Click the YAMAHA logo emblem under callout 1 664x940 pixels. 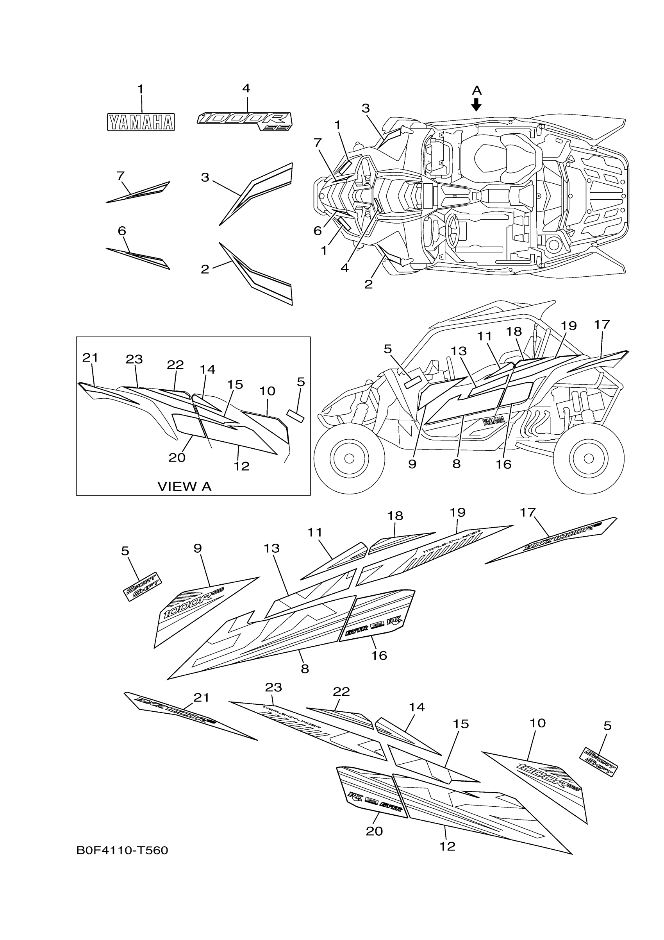point(141,122)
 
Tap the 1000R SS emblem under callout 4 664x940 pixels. point(245,121)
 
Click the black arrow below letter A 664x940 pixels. point(476,104)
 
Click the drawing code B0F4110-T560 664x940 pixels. point(122,851)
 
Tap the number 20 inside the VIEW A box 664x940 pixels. point(177,457)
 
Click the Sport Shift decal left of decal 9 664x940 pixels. point(143,586)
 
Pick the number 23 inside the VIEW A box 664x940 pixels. point(134,359)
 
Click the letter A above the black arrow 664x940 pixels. point(476,90)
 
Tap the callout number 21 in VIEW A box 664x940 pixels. point(90,357)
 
